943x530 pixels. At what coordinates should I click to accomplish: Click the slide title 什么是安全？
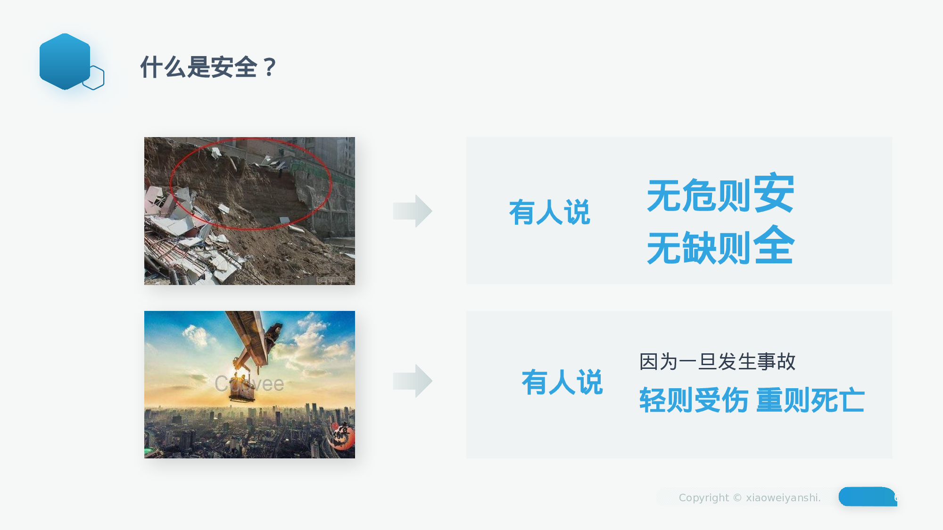208,67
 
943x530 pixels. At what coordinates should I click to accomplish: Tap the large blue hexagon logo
65,61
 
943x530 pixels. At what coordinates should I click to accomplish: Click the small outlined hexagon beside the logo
94,78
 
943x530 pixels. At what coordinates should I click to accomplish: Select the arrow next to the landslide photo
413,211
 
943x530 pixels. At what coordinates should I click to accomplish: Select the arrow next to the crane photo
413,381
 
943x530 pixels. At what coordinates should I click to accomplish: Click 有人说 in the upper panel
549,212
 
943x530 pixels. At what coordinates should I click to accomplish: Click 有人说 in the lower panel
562,382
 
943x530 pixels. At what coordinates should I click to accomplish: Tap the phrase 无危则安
720,194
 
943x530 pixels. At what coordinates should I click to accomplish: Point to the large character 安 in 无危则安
774,192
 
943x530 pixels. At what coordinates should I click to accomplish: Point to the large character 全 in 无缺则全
774,245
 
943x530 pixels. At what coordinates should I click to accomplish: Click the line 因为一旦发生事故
717,362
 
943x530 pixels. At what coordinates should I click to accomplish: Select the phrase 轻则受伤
694,400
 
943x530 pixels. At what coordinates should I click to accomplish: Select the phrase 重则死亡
811,400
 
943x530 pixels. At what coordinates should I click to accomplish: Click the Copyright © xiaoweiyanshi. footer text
749,497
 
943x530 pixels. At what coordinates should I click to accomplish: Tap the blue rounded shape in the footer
867,497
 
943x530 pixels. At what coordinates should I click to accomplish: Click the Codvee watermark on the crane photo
249,384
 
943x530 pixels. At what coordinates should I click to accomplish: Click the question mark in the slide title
270,67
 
